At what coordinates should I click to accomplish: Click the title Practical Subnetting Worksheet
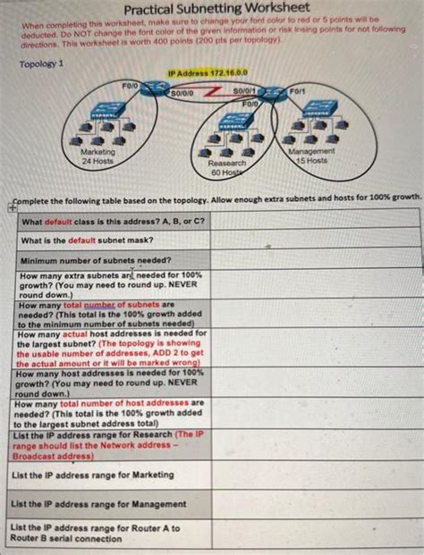211,8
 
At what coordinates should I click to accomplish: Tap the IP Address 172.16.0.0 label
208,73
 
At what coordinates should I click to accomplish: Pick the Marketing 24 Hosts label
91,157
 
